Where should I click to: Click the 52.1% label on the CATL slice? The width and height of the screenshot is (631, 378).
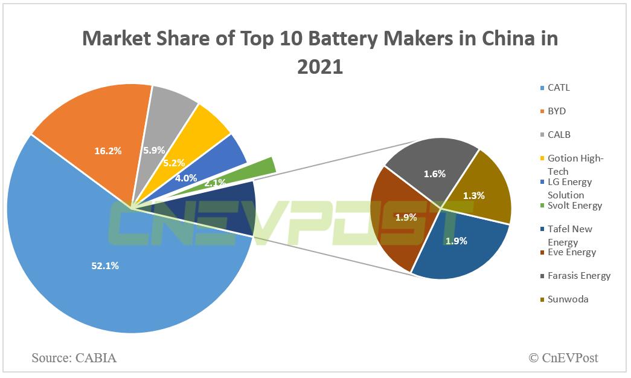click(x=105, y=266)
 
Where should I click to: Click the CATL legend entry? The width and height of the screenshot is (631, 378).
click(x=558, y=88)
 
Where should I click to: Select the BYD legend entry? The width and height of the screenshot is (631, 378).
click(x=556, y=111)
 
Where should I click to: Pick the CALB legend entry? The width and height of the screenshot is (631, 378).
click(x=558, y=134)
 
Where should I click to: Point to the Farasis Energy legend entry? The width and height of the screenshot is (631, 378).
click(x=578, y=276)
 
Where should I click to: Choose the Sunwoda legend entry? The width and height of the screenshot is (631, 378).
click(x=567, y=299)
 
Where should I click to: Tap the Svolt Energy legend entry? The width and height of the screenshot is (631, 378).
click(x=574, y=206)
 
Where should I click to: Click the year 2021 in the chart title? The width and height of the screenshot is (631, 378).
click(x=320, y=66)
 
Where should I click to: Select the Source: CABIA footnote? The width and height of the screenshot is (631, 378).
click(x=74, y=358)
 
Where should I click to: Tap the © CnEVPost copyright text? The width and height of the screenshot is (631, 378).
click(x=563, y=358)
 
